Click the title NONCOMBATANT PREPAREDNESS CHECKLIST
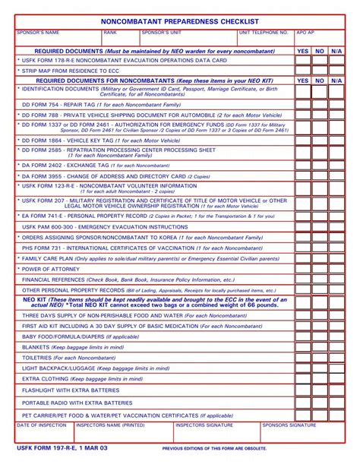coord(179,21)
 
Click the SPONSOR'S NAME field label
coord(37,33)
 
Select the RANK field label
coord(110,33)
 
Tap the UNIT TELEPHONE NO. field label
coord(264,33)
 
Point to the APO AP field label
coord(305,33)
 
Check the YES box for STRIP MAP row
coord(303,70)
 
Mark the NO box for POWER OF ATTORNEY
coord(320,269)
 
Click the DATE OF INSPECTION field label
coord(42,425)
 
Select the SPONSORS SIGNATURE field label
coord(289,425)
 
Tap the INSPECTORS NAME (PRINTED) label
coord(111,425)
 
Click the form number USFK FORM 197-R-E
coord(62,449)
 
